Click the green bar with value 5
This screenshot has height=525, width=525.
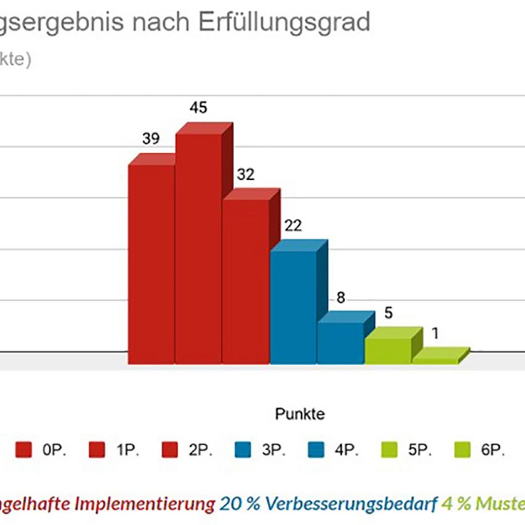point(388,350)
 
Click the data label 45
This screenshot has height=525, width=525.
point(198,108)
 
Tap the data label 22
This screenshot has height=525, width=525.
point(293,226)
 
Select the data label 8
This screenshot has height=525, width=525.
point(340,298)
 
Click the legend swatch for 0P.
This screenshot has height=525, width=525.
point(24,450)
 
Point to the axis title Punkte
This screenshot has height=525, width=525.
point(300,414)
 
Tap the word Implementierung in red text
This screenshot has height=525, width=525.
point(144,504)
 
